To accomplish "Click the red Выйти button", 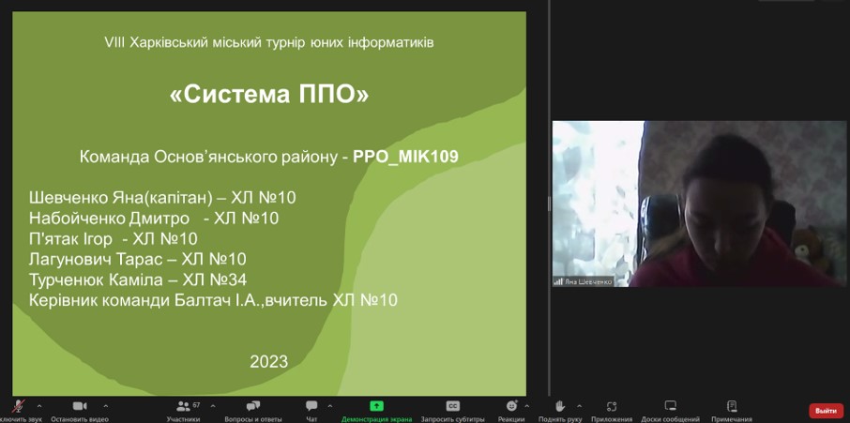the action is pyautogui.click(x=827, y=411).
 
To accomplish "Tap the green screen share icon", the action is pyautogui.click(x=376, y=406).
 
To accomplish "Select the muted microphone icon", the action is pyautogui.click(x=20, y=406).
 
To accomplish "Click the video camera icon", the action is pyautogui.click(x=80, y=406).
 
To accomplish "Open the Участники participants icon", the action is pyautogui.click(x=183, y=406).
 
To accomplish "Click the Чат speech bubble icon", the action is pyautogui.click(x=311, y=406).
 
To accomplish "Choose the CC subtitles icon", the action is pyautogui.click(x=452, y=406).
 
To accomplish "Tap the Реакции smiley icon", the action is pyautogui.click(x=511, y=406).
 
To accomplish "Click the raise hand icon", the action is pyautogui.click(x=559, y=406).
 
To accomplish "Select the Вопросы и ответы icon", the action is pyautogui.click(x=253, y=406).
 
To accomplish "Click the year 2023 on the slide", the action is pyautogui.click(x=269, y=361).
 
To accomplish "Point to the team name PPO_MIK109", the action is pyautogui.click(x=406, y=157).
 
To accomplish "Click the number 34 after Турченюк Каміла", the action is pyautogui.click(x=237, y=280).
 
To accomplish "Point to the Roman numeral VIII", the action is pyautogui.click(x=114, y=42).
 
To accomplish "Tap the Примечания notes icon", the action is pyautogui.click(x=732, y=406).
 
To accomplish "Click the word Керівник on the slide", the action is pyautogui.click(x=64, y=300).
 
